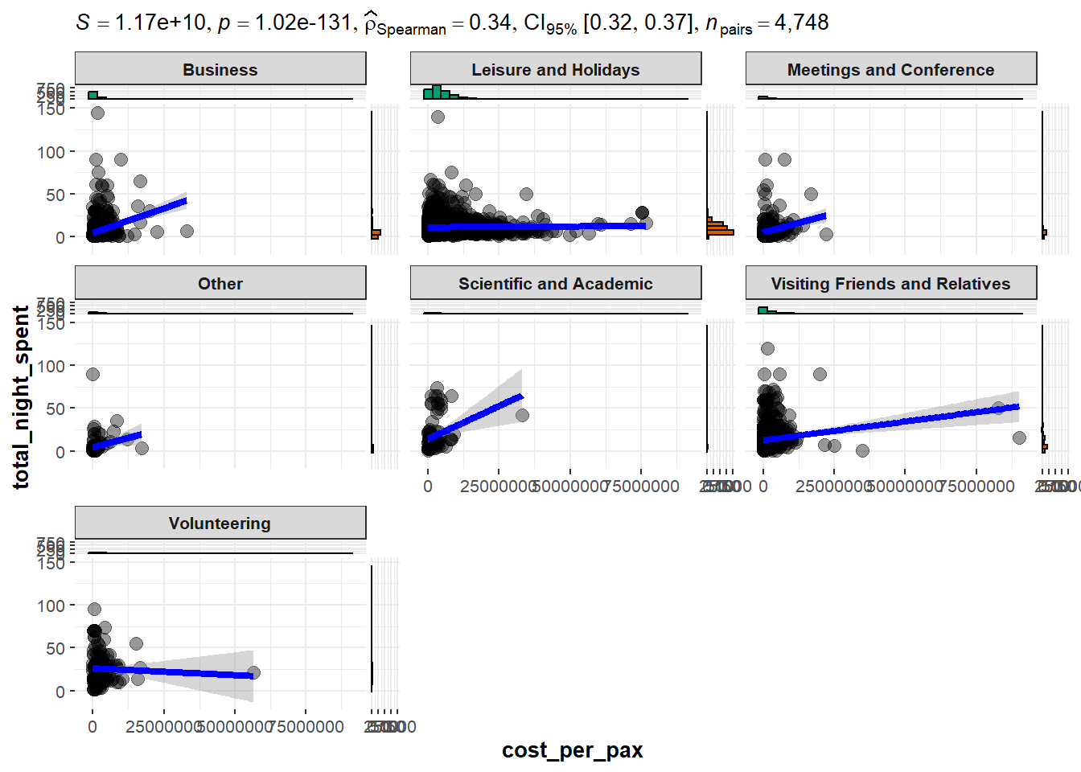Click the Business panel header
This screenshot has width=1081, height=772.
point(220,70)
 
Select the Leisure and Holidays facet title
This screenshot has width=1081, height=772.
point(555,70)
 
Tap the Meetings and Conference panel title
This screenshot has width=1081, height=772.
point(890,70)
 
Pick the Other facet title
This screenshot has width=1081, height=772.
point(220,284)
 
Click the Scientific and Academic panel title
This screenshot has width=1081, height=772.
point(555,284)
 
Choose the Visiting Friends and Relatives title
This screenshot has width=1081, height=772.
point(890,284)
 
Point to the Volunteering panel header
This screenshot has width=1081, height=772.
point(220,524)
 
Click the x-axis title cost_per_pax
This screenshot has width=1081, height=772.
point(572,750)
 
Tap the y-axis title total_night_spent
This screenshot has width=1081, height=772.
point(21,396)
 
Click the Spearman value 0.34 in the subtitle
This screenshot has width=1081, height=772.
point(489,23)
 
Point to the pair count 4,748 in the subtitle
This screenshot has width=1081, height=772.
point(801,23)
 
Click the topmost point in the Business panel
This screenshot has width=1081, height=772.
point(97,113)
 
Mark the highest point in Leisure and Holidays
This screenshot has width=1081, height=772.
point(438,117)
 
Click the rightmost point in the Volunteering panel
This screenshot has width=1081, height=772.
point(253,672)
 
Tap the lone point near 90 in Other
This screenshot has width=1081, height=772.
point(92,374)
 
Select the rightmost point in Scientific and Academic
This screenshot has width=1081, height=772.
point(522,415)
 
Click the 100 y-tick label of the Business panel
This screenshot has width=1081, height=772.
point(51,152)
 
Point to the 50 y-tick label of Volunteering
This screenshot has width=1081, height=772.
point(55,648)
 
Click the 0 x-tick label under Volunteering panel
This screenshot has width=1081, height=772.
point(92,727)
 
